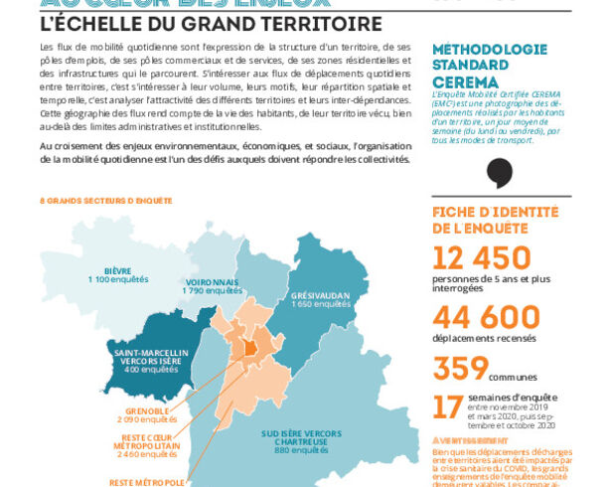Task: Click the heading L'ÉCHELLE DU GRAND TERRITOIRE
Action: click(x=198, y=22)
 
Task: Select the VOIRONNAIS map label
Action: click(x=213, y=281)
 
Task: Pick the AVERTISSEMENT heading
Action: click(x=464, y=439)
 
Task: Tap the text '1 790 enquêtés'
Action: click(x=213, y=291)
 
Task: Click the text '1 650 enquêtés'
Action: click(x=318, y=305)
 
